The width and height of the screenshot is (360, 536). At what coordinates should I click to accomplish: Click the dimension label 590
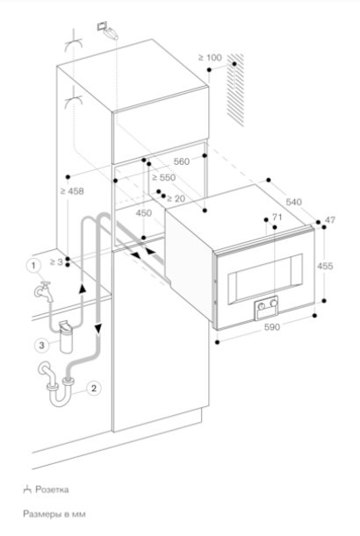click(x=272, y=327)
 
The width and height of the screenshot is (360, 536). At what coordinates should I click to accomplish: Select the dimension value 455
click(x=325, y=266)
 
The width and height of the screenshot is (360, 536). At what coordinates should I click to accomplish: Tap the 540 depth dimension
click(x=293, y=202)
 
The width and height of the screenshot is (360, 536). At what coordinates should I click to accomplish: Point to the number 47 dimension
click(x=330, y=220)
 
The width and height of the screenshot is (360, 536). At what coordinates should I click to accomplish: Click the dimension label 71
click(x=277, y=217)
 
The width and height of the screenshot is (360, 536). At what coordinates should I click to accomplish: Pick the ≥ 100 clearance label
click(x=210, y=58)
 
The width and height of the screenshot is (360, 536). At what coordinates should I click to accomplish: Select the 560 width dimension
click(x=182, y=161)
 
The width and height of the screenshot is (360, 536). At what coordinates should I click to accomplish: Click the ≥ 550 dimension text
click(x=164, y=177)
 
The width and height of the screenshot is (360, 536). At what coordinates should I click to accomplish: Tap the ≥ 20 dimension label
click(x=176, y=198)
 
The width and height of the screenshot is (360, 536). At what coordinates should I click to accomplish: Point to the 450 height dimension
click(x=144, y=213)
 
